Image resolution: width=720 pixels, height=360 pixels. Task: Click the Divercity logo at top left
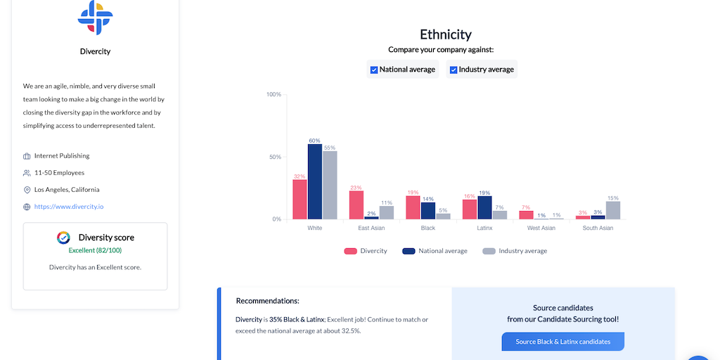click(95, 18)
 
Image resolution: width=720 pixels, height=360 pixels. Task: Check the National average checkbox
click(374, 70)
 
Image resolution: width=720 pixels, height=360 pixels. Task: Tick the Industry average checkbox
click(454, 70)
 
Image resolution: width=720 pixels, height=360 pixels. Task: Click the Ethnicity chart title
click(445, 34)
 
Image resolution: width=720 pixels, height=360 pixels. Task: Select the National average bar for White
click(315, 181)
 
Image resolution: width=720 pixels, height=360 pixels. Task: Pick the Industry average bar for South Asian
click(613, 210)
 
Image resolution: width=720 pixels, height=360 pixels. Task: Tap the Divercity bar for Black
click(413, 207)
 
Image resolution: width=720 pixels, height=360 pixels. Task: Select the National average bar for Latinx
click(484, 207)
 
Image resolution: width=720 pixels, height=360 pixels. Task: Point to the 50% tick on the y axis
click(274, 157)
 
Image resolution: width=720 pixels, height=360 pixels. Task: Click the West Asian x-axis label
click(541, 228)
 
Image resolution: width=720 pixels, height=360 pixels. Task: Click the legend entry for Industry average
click(515, 251)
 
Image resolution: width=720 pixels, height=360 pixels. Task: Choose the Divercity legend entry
click(366, 251)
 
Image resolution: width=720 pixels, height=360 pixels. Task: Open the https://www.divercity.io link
click(69, 207)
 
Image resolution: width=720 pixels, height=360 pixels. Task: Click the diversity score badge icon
click(63, 238)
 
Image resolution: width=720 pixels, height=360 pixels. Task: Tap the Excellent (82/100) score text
click(95, 250)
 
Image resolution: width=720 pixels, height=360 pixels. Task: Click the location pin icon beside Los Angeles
click(27, 190)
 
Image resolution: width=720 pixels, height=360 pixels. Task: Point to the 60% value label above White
click(315, 141)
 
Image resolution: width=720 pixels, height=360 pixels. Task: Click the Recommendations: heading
click(267, 301)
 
